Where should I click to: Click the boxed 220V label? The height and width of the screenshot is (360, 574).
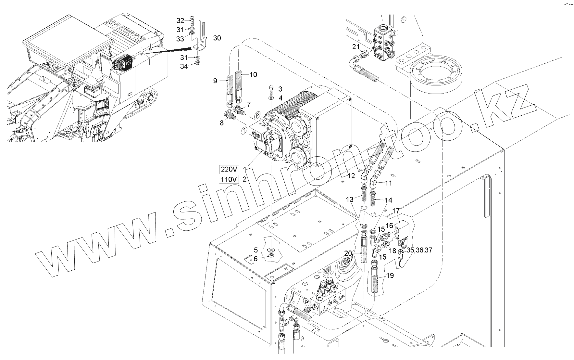pyautogui.click(x=229, y=169)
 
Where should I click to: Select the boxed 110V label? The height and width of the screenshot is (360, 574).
pyautogui.click(x=229, y=179)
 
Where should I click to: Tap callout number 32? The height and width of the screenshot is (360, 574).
pyautogui.click(x=180, y=20)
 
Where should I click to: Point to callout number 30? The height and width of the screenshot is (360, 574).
pyautogui.click(x=217, y=38)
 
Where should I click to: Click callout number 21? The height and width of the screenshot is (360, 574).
pyautogui.click(x=356, y=47)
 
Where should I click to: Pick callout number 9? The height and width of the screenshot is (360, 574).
pyautogui.click(x=215, y=81)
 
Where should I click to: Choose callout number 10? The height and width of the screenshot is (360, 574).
pyautogui.click(x=253, y=74)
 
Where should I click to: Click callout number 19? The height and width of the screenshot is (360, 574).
pyautogui.click(x=390, y=276)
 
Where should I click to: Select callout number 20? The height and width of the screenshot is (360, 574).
pyautogui.click(x=348, y=253)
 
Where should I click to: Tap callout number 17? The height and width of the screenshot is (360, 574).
pyautogui.click(x=396, y=211)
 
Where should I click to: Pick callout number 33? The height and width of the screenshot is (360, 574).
pyautogui.click(x=180, y=39)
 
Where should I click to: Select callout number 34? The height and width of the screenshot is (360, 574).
pyautogui.click(x=184, y=67)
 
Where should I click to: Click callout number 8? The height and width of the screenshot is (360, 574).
pyautogui.click(x=221, y=122)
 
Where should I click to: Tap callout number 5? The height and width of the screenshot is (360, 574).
pyautogui.click(x=256, y=250)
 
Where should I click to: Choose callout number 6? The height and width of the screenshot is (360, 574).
pyautogui.click(x=256, y=259)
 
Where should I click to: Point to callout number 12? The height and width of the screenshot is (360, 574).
pyautogui.click(x=352, y=176)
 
